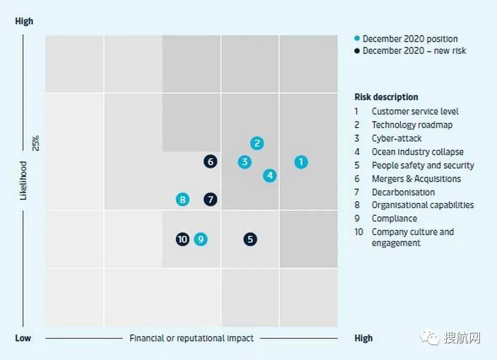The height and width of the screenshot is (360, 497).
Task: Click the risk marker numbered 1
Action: pos(301,162)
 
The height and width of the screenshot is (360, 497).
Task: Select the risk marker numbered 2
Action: pos(257,143)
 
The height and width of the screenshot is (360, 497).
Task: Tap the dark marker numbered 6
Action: pos(210,162)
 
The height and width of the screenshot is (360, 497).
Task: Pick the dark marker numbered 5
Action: pos(251,239)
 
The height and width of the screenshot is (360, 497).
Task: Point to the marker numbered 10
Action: pos(182,239)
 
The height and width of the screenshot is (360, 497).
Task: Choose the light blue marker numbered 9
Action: pos(201,239)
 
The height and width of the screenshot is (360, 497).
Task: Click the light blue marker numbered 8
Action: pos(182,199)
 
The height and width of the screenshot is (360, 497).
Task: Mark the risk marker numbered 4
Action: pos(269,176)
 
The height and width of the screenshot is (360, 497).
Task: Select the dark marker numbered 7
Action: pos(210,199)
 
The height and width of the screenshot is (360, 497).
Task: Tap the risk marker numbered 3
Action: pos(244,162)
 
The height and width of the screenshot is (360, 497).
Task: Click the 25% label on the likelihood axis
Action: pos(36,143)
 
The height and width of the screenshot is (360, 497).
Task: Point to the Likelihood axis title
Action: pos(23,180)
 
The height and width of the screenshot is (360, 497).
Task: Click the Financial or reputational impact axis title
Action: pos(192,338)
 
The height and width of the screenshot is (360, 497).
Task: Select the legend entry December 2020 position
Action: pos(410,39)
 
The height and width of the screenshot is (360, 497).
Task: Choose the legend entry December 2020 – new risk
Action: pos(414,51)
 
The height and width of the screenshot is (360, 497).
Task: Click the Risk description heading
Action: pos(386,97)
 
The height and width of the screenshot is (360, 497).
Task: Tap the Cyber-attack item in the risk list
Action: pos(396,138)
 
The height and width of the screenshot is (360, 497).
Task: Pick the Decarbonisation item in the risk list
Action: pos(403,192)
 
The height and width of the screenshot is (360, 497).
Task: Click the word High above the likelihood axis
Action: pos(24,21)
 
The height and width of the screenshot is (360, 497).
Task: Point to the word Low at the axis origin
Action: pos(23,338)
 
